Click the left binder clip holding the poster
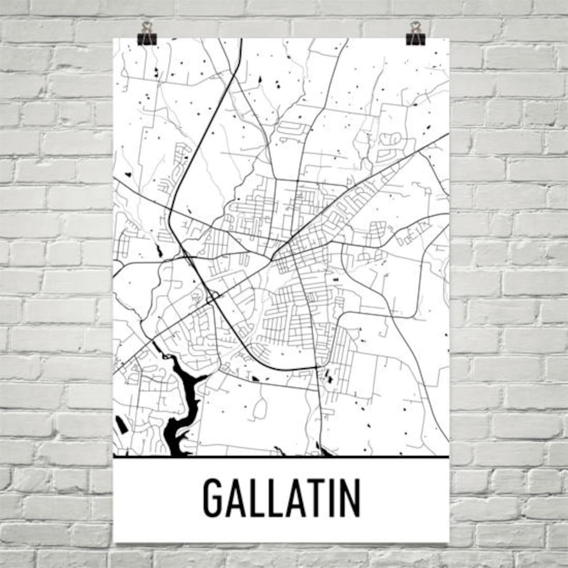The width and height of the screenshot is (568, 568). tap(147, 38)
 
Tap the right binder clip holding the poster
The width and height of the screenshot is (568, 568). tap(415, 38)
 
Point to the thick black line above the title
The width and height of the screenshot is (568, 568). tap(281, 457)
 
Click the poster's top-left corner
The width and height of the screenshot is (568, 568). tap(114, 38)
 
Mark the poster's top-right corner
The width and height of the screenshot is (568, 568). tap(449, 38)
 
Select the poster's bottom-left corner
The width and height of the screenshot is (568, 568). tap(114, 542)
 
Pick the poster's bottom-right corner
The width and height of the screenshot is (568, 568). tap(449, 542)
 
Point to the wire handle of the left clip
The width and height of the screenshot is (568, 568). tap(147, 26)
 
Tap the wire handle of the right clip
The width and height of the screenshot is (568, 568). tap(415, 26)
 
